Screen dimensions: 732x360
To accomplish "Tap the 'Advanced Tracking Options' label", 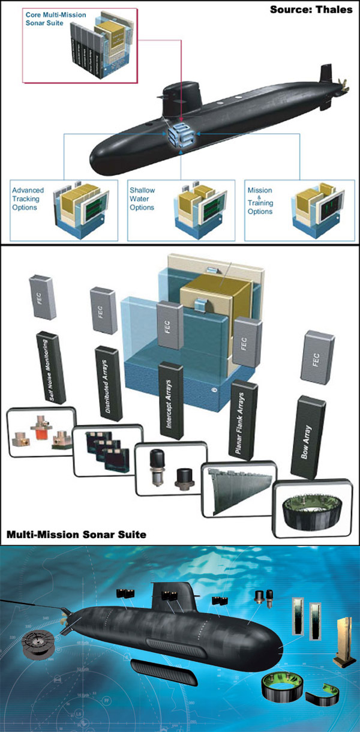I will (28, 199).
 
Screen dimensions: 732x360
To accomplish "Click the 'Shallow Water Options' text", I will (142, 199).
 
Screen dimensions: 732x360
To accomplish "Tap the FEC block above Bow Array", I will (318, 357).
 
